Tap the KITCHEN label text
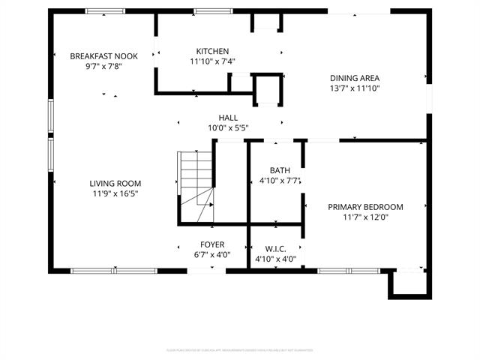coord(212,52)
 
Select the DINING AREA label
coord(355,78)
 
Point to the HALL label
coord(228,118)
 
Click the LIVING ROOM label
coord(115,184)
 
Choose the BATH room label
coord(269,170)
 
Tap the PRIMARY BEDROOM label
coord(365,207)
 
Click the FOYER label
coord(211,244)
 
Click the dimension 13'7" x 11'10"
coord(355,88)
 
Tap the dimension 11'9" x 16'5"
coord(115,194)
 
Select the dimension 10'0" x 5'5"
coord(228,128)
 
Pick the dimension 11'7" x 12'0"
coord(365,217)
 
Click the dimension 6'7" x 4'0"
coord(211,255)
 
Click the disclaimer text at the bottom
coord(239,349)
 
